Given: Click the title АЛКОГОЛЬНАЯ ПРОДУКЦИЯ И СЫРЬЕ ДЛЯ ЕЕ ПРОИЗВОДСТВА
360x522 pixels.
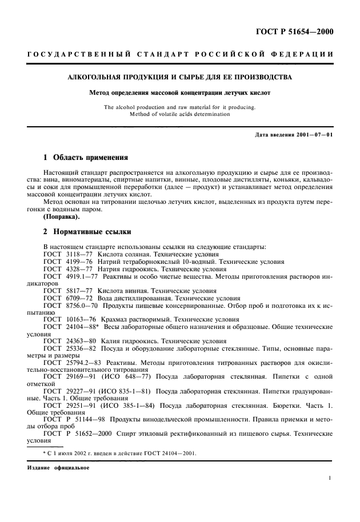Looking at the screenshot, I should click(180, 77).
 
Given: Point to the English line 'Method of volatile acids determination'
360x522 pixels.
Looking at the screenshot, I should click(180, 114).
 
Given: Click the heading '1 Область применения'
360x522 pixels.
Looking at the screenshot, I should click(86, 156).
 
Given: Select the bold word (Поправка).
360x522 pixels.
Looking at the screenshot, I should click(62, 217).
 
